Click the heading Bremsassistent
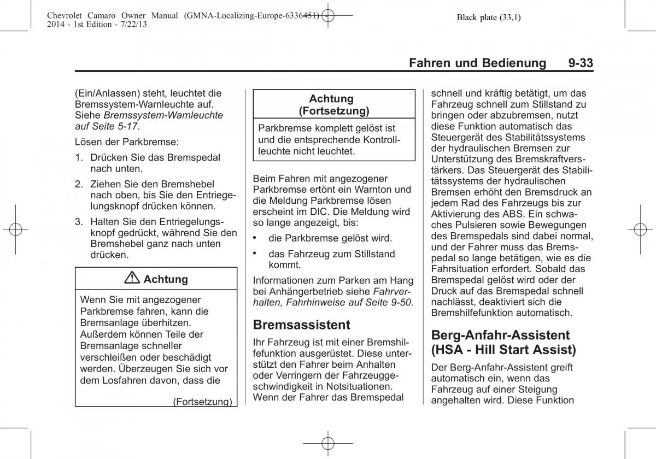click(301, 325)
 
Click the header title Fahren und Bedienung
click(477, 63)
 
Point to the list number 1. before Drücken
click(79, 157)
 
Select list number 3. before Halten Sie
click(79, 221)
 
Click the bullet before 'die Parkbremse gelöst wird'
click(255, 238)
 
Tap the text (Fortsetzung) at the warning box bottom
click(202, 402)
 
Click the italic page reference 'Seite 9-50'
click(391, 302)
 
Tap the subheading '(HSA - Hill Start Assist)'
click(503, 350)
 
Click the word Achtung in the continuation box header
click(331, 99)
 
